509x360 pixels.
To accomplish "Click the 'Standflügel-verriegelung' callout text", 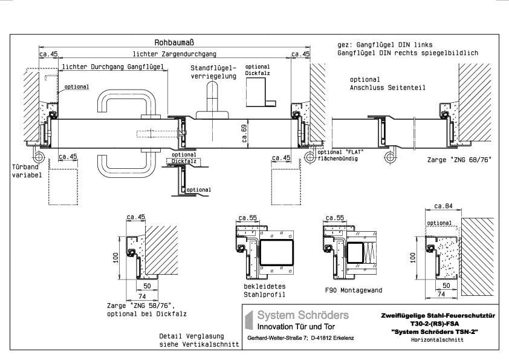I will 213,72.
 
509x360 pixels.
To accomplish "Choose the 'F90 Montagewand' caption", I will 354,290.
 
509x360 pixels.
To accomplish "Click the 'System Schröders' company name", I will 303,315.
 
